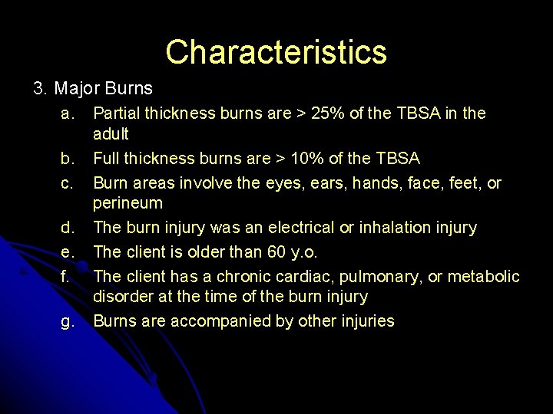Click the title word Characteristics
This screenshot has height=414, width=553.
pos(276,52)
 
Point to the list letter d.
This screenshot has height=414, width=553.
pos(68,228)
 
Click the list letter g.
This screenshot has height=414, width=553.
pos(68,321)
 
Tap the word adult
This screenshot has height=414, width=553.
pos(111,134)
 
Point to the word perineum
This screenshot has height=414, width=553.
pos(127,203)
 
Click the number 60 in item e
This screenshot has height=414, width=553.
pos(268,251)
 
